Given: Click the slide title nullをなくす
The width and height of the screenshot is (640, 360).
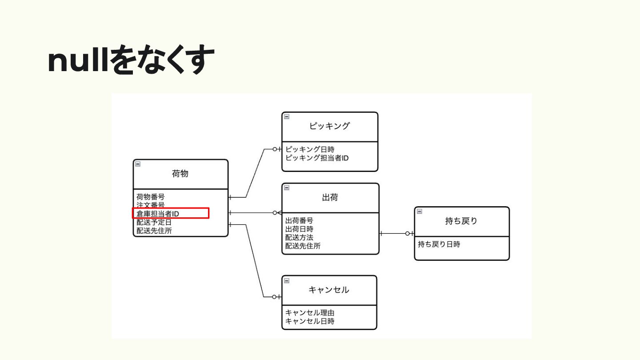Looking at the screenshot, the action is tap(131, 61).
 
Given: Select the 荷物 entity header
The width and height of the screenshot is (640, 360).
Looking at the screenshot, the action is tap(180, 174).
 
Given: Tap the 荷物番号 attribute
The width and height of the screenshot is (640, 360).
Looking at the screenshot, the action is tap(151, 196).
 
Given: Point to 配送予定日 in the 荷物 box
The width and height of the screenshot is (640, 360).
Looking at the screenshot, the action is tap(154, 222).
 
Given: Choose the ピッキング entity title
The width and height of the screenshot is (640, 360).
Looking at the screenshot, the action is tap(329, 126).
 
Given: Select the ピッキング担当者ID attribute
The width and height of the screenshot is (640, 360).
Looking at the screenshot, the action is tap(317, 158).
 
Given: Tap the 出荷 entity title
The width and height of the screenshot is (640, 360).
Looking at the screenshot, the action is tap(330, 197).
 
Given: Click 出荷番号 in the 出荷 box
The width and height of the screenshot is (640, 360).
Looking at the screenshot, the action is tap(299, 220).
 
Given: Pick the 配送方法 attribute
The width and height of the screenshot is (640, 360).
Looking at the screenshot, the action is tap(299, 237).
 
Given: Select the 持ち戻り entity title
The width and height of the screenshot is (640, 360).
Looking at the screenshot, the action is tap(461, 221).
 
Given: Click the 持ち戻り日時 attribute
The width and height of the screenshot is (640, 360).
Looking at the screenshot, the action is tap(439, 244).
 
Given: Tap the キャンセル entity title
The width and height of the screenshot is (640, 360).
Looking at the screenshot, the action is tap(329, 290).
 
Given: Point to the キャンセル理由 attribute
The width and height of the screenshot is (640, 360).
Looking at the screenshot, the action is tap(310, 313).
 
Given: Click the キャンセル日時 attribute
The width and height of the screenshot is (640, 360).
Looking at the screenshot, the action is tap(310, 321).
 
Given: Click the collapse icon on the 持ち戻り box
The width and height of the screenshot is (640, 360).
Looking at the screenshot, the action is tap(419, 212).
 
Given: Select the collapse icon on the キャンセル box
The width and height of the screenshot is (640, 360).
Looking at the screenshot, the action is tap(287, 280).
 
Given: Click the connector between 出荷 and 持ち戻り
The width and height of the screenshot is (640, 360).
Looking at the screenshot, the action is tap(396, 233).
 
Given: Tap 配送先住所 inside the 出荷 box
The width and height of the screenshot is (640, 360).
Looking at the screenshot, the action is tap(303, 246).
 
